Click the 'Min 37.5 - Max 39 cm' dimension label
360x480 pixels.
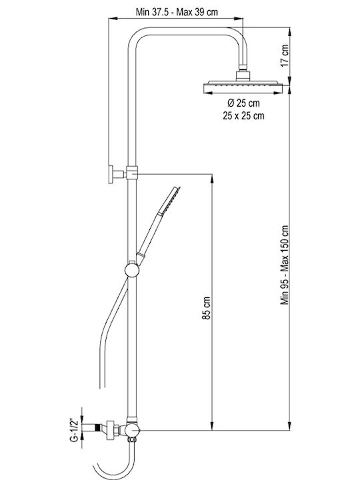click(x=177, y=12)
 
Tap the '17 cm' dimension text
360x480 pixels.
click(x=285, y=56)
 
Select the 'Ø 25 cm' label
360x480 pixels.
click(x=244, y=103)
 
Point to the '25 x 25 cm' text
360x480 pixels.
click(x=244, y=116)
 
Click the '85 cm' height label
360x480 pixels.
click(x=207, y=307)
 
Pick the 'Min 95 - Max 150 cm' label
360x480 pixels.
click(x=285, y=265)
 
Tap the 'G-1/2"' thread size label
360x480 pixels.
click(x=74, y=431)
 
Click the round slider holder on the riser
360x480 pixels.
click(x=132, y=270)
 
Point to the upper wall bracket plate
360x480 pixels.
click(x=111, y=175)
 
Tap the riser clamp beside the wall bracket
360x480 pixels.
click(x=132, y=173)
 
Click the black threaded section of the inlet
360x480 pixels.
click(x=98, y=427)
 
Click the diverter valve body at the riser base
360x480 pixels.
click(x=132, y=430)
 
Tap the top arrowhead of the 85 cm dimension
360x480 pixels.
click(x=212, y=178)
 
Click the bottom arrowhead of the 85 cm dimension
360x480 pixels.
click(x=212, y=426)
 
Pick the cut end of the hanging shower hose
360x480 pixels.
click(x=103, y=388)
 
